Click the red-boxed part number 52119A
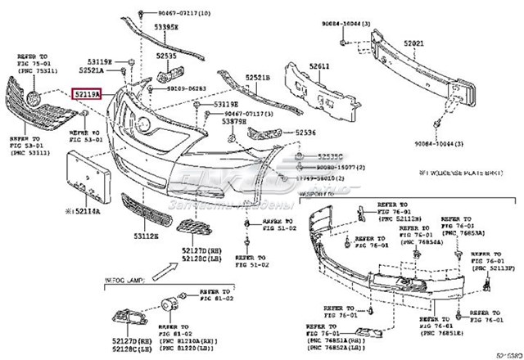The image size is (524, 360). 87,96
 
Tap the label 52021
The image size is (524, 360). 415,43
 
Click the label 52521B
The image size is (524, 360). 255,77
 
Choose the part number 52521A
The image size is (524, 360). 91,71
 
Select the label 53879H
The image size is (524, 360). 233,122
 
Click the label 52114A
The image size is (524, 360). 84,210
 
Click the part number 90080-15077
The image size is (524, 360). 331,165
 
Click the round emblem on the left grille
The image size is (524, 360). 34,101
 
